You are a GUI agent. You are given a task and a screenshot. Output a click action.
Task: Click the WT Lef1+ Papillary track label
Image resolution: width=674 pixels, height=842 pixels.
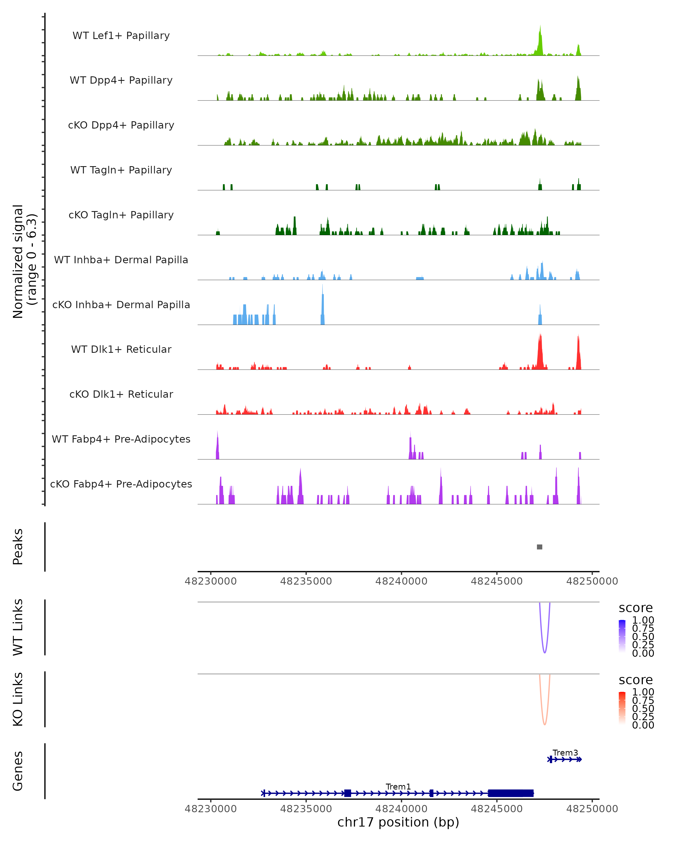click(x=121, y=36)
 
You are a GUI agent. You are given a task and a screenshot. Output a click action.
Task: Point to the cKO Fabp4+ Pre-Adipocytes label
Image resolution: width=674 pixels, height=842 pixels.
click(x=121, y=484)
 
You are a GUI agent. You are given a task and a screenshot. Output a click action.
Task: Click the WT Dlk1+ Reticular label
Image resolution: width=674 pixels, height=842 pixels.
click(x=121, y=349)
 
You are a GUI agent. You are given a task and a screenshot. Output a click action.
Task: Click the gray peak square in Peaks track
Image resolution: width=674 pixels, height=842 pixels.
click(x=539, y=547)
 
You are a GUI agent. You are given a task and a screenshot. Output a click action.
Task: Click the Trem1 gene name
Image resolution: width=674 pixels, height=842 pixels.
click(x=398, y=786)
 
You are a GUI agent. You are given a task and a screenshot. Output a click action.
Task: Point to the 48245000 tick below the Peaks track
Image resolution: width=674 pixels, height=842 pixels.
click(x=497, y=581)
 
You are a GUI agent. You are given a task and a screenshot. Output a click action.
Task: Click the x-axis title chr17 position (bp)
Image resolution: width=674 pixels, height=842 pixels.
click(x=398, y=822)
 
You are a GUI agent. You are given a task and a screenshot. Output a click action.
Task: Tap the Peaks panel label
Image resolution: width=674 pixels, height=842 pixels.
click(x=18, y=547)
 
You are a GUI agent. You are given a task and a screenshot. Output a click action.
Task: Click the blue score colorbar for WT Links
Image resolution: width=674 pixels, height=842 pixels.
click(x=622, y=636)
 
